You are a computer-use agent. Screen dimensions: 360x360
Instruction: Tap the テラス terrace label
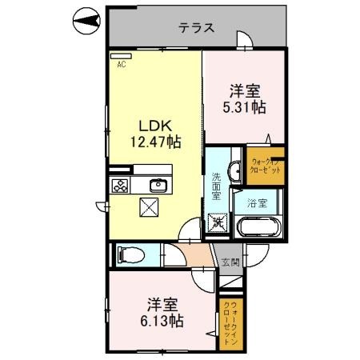(196, 27)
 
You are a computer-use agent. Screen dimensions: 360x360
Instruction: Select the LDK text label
(156, 126)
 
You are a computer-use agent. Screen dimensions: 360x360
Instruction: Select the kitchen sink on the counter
(158, 186)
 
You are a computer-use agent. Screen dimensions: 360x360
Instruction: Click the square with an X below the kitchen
(150, 208)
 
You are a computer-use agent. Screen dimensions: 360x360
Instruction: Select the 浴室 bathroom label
(256, 202)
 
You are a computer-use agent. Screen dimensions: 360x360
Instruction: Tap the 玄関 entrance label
(230, 262)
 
